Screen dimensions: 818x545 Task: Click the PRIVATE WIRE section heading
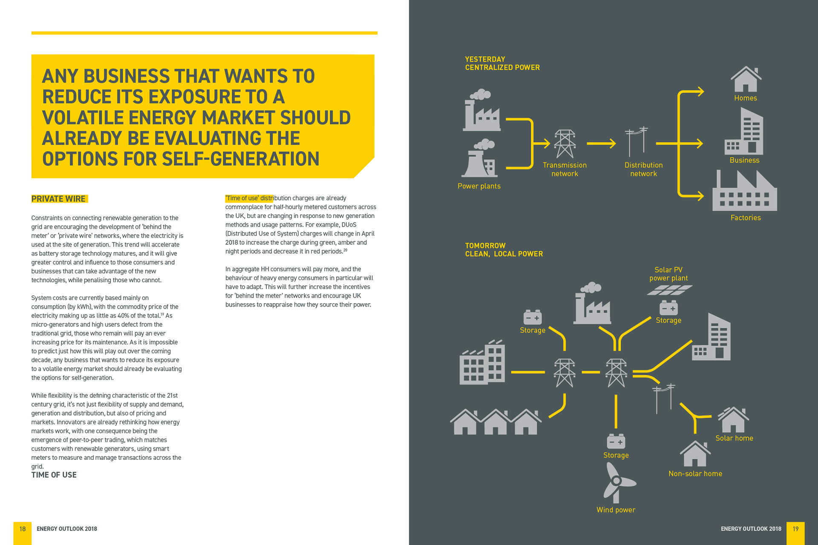click(x=59, y=199)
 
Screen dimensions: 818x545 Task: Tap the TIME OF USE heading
click(x=54, y=475)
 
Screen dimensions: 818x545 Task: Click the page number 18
click(x=23, y=529)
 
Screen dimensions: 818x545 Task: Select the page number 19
click(x=795, y=529)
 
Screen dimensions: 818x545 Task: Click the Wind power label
click(x=616, y=510)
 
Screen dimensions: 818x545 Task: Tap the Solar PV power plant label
click(x=668, y=274)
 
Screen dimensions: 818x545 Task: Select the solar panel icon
click(x=669, y=290)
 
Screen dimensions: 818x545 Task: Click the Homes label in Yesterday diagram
click(x=745, y=98)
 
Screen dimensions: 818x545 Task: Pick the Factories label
click(x=745, y=218)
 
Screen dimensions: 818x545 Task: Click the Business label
click(x=744, y=160)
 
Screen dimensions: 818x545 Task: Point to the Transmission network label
click(x=565, y=169)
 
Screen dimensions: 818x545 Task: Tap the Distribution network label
click(x=643, y=169)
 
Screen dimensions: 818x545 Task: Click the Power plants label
click(x=479, y=186)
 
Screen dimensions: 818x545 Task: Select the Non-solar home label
click(x=695, y=473)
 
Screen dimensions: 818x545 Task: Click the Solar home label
click(x=734, y=438)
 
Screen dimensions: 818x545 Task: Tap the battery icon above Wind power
click(x=616, y=442)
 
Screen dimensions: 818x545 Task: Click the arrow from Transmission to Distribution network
click(x=601, y=143)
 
